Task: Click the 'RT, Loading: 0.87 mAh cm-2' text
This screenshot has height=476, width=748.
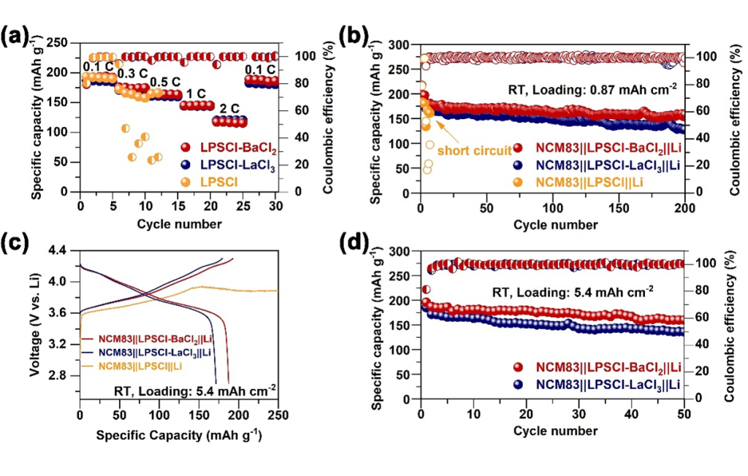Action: click(592, 88)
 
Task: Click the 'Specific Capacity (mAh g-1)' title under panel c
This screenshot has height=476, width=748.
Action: click(179, 437)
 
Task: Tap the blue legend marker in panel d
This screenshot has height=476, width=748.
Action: click(519, 384)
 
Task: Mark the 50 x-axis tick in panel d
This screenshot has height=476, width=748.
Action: click(684, 407)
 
